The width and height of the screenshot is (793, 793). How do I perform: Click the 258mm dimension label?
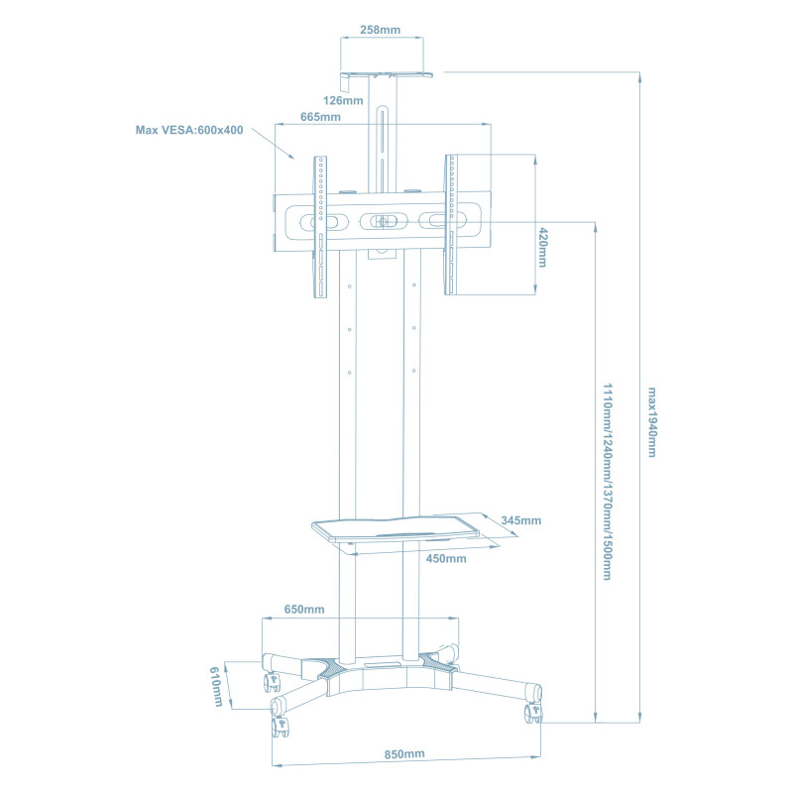point(380,30)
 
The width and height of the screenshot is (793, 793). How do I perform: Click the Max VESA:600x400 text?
point(189,130)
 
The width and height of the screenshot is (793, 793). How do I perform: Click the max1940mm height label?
point(651,421)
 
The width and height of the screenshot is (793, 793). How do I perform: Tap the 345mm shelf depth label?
point(520,520)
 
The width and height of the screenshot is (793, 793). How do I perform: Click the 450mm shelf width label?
point(446,558)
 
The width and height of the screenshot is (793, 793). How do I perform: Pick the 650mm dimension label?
point(304,609)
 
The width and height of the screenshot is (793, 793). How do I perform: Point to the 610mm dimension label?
point(217,686)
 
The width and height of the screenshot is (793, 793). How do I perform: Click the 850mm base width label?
point(404,754)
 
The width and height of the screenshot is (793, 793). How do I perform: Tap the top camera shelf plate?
point(389,73)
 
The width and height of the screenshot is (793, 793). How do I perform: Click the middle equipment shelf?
point(406,530)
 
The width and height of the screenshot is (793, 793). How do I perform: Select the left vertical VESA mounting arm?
point(320,226)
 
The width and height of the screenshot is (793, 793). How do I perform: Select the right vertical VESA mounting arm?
point(451,224)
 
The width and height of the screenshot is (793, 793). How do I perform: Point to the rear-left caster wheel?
point(270,682)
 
